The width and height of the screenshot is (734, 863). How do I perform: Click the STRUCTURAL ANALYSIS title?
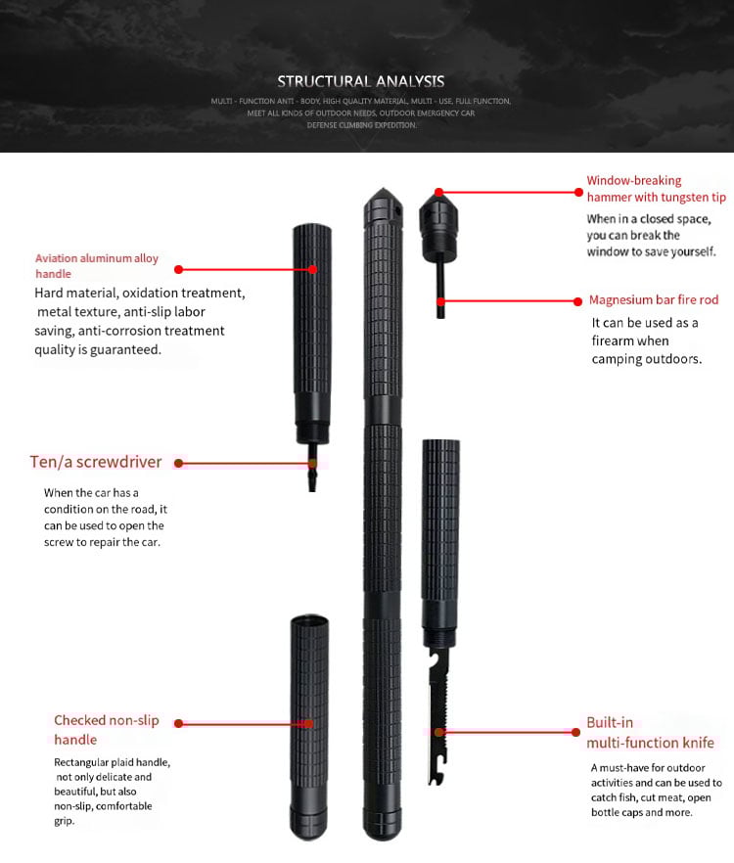[x=360, y=81]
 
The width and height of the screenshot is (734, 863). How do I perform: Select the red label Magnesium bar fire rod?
[x=654, y=300]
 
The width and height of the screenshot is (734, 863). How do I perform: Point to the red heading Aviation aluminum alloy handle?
[x=96, y=266]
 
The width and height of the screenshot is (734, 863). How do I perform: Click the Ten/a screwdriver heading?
[x=96, y=462]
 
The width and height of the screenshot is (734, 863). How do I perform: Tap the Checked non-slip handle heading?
[x=106, y=730]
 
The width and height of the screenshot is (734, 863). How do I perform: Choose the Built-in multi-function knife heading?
[x=650, y=733]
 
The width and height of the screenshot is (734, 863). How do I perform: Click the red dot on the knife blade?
[x=440, y=731]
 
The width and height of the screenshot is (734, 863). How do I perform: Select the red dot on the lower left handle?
[x=309, y=723]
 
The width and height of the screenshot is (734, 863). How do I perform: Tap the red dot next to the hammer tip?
[x=439, y=192]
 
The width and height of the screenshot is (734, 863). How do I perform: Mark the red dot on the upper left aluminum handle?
[x=313, y=268]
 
